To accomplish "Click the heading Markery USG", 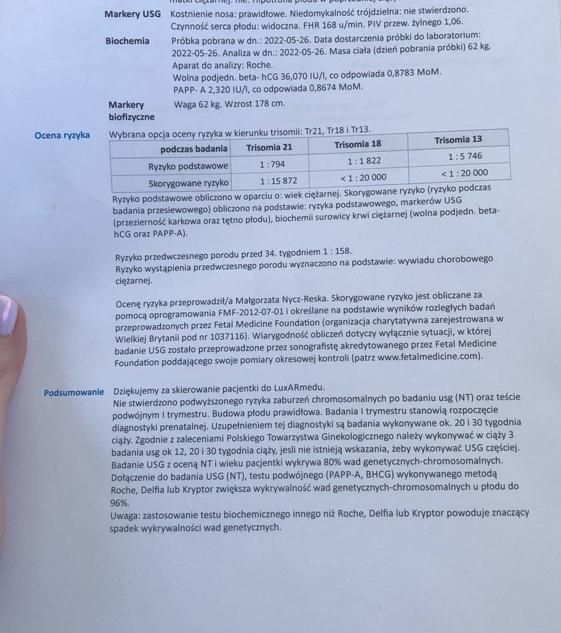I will pos(132,14).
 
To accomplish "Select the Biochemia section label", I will pos(127,41).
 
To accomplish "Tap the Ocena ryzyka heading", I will pos(62,136).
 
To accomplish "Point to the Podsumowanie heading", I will pos(74,392).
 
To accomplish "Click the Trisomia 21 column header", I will pos(269,147).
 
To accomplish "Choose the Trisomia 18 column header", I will pos(357,144).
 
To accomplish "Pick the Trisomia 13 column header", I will pos(458,140).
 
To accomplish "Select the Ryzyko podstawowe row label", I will pos(188,167).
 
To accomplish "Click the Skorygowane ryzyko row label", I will pos(188,183).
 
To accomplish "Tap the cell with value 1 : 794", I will pos(272,164).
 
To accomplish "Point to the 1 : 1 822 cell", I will pos(364,160).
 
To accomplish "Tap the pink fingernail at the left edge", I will pos(8,315).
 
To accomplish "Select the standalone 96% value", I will pos(119,503).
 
